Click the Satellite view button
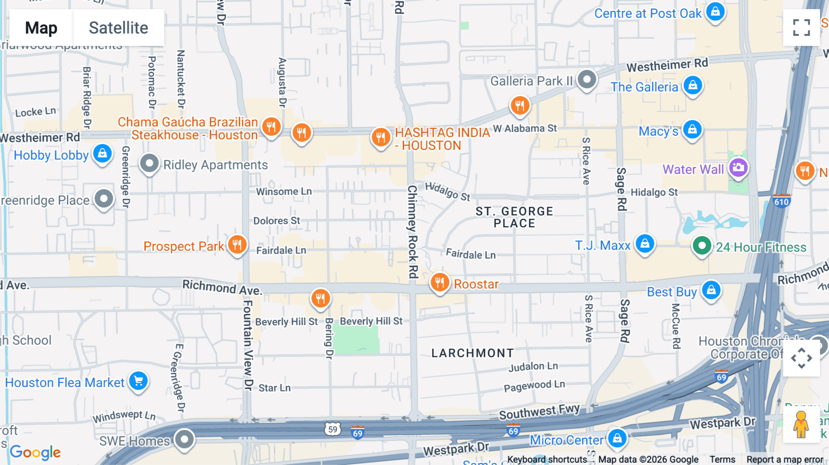tap(118, 28)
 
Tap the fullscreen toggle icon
tap(801, 28)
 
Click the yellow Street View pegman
tap(801, 424)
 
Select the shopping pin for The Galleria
tap(693, 85)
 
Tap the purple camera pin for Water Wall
tap(738, 168)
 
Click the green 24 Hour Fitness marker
tap(701, 246)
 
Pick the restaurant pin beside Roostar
tap(439, 282)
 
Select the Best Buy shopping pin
tap(711, 290)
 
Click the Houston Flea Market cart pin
tap(138, 381)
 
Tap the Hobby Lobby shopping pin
tap(102, 153)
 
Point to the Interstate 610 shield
tap(781, 201)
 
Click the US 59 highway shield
tap(333, 429)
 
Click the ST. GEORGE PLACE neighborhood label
tap(514, 217)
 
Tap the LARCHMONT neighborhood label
tap(472, 353)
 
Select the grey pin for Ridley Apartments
tap(149, 163)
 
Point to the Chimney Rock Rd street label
tap(412, 232)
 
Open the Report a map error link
tap(784, 459)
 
